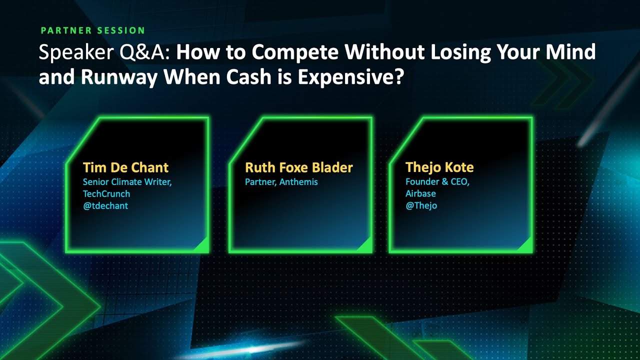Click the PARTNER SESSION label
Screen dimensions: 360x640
tap(93, 30)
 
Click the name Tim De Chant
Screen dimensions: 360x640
tap(125, 167)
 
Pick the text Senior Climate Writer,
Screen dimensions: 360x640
tap(127, 182)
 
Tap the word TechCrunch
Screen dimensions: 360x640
tap(106, 193)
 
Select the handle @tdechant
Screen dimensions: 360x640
tap(105, 205)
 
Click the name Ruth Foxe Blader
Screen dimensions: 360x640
tap(299, 167)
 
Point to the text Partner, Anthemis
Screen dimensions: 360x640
tap(281, 182)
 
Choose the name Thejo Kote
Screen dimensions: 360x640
tap(439, 167)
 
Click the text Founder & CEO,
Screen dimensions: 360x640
tap(437, 182)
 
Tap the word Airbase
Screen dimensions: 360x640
tap(420, 193)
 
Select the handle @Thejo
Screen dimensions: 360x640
tap(421, 205)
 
